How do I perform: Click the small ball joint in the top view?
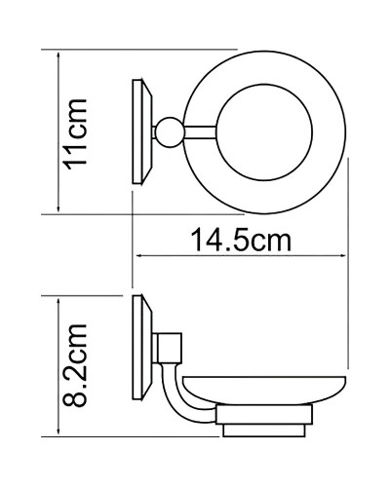point(173,131)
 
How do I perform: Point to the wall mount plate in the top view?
point(144,131)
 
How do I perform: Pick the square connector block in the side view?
point(169,342)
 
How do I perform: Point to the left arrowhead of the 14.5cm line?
point(136,255)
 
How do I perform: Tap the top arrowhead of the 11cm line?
point(59,54)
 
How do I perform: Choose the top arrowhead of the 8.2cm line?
point(59,301)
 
